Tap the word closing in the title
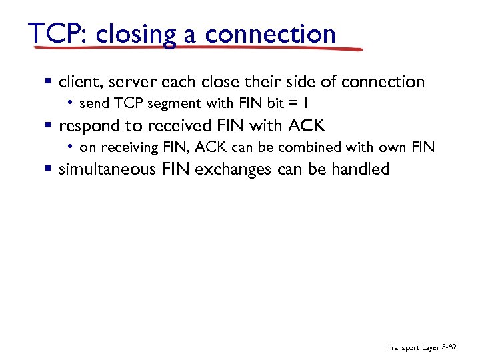click(136, 34)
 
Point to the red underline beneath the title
click(200, 49)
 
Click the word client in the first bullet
click(79, 82)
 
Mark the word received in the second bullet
click(176, 125)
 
